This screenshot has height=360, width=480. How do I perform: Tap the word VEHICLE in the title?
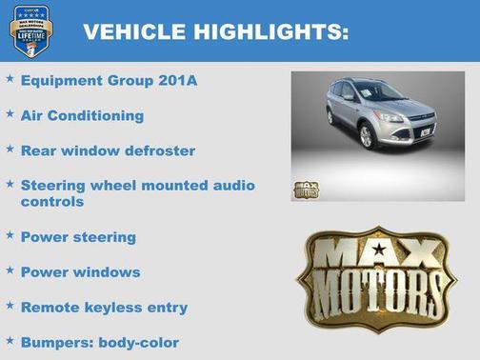coord(135,31)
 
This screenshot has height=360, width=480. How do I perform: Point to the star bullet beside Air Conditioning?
coord(10,114)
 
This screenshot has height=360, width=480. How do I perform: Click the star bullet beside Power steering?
coord(10,235)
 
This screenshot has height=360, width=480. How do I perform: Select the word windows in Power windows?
coord(110,271)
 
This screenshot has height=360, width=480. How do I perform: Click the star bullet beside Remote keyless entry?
coord(10,306)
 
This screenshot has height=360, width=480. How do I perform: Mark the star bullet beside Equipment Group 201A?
coord(10,79)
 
